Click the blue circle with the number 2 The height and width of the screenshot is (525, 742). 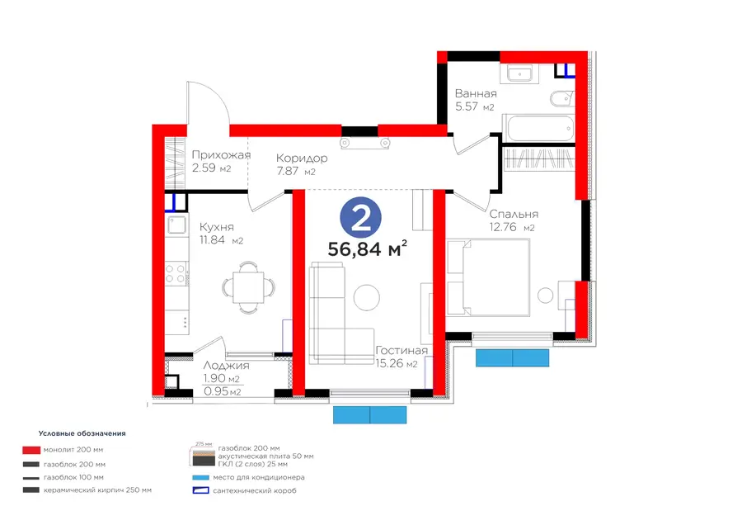pos(360,219)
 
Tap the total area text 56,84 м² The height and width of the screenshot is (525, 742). pos(367,248)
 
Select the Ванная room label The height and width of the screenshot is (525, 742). pos(476,93)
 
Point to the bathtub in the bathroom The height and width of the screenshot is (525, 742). pos(538,128)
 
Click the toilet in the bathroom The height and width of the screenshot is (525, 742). pos(561,99)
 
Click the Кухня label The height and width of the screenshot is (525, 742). pos(217,227)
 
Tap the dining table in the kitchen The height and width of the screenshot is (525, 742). pos(248,287)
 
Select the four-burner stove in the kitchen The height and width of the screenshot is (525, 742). pos(175,274)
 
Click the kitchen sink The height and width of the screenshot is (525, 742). pos(176,225)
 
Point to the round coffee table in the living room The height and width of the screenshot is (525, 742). pos(366,297)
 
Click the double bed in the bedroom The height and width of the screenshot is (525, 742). pos(488,277)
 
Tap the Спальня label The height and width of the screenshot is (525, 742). pos(514,214)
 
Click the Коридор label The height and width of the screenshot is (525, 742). pos(302,158)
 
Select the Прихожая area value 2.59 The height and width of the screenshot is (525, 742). pos(204,168)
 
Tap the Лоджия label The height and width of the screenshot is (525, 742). pos(226,366)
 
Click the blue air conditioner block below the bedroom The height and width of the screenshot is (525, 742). pos(512,357)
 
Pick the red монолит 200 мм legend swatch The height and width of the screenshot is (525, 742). pos(31,450)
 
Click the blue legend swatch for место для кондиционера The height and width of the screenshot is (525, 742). pos(200,478)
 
